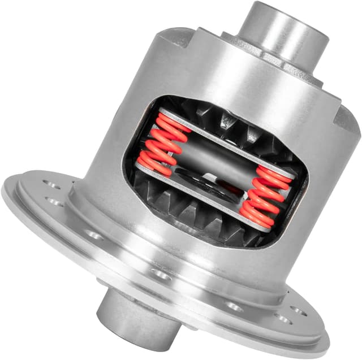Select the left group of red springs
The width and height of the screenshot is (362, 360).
[162, 142]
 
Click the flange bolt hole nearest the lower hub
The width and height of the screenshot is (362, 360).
[161, 275]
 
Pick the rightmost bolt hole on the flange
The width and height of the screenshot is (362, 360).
[298, 312]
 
